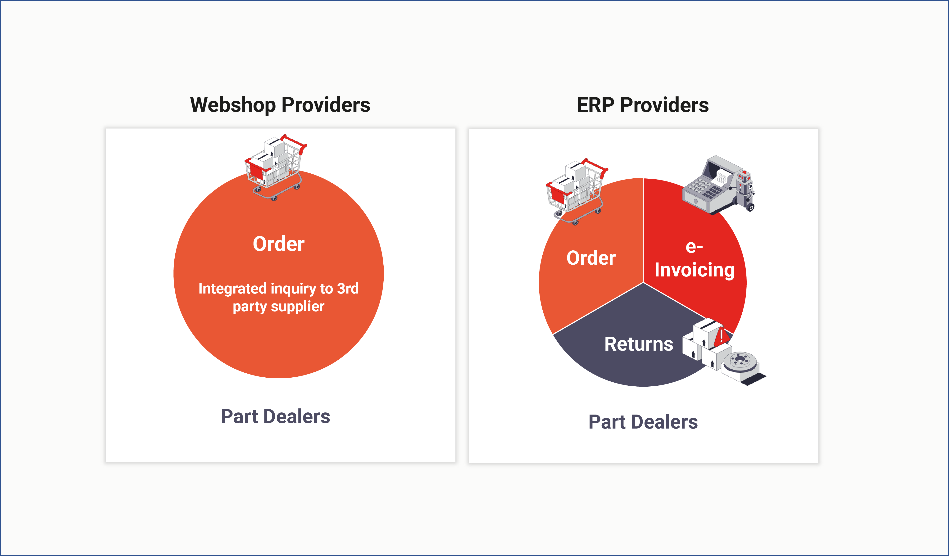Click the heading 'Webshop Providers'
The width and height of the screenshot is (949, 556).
click(x=280, y=105)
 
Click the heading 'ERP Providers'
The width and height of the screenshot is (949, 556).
click(x=642, y=105)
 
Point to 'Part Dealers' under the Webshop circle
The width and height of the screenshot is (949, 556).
click(x=275, y=416)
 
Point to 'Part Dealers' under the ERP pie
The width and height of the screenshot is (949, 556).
click(x=643, y=422)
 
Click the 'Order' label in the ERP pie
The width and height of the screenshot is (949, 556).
click(x=591, y=258)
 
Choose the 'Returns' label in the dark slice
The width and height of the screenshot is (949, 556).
click(x=639, y=344)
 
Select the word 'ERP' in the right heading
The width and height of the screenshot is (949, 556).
click(x=595, y=105)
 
